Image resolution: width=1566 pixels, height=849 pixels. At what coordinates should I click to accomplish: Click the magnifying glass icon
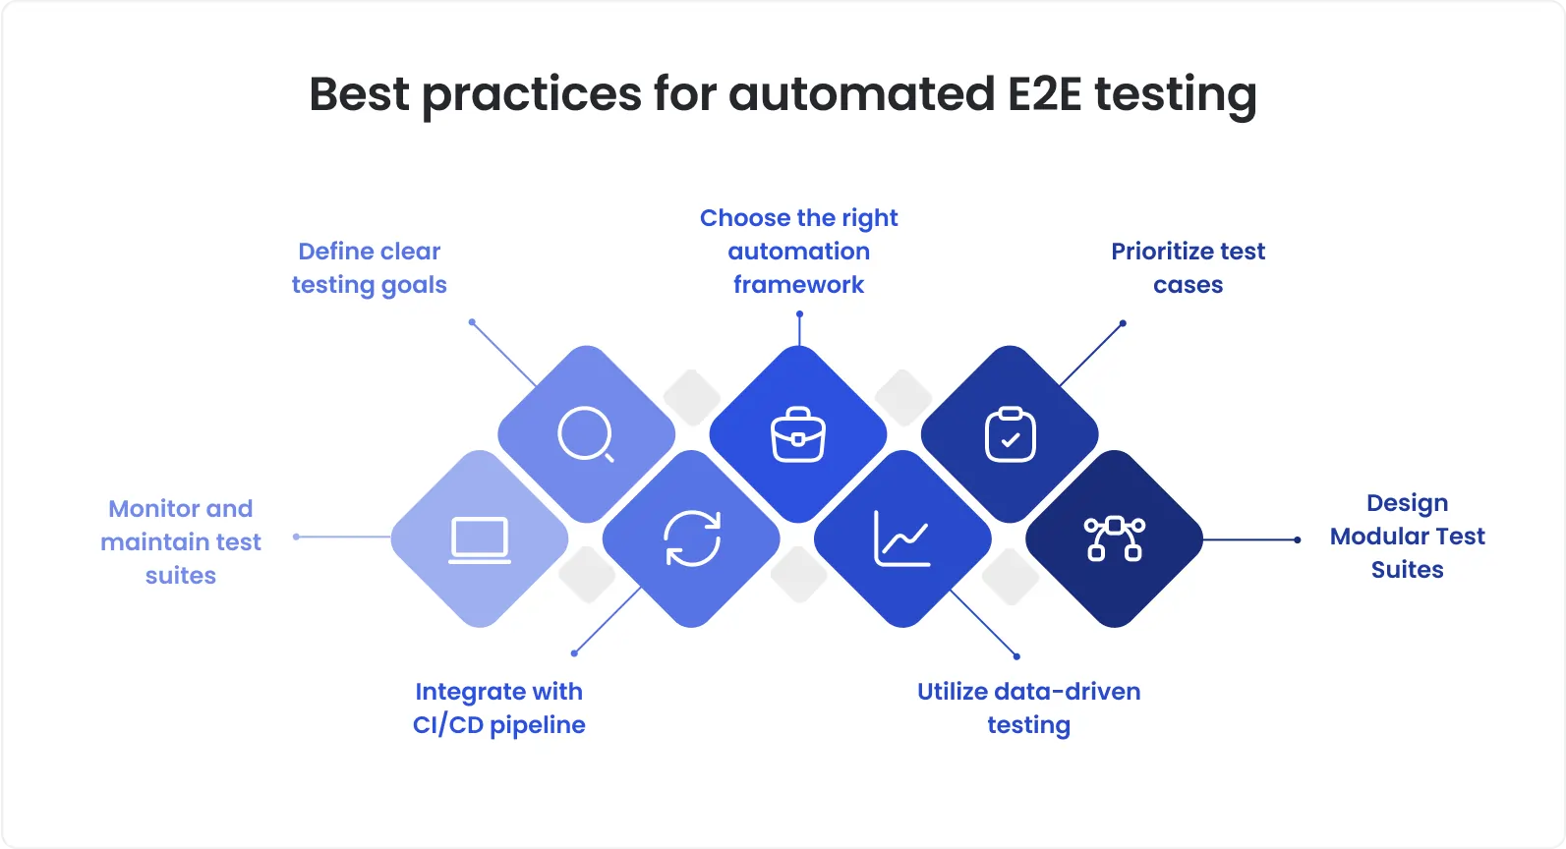[586, 434]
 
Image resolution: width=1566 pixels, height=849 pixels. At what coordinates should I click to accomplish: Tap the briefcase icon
[798, 434]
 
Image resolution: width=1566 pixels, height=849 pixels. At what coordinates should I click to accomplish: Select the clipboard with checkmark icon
[1010, 434]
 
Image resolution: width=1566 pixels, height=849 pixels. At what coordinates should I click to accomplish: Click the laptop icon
[480, 539]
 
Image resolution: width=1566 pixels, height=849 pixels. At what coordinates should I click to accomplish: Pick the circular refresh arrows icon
[692, 538]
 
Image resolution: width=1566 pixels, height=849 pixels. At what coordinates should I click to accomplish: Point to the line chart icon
[902, 538]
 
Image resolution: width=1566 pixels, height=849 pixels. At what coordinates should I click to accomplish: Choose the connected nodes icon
[1114, 538]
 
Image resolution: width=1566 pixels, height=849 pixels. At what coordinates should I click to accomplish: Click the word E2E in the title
[1045, 94]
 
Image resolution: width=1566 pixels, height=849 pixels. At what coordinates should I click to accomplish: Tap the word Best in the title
[359, 94]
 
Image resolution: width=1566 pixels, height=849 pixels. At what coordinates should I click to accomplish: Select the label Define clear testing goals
[370, 268]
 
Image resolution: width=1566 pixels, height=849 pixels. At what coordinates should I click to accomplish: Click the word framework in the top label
[798, 285]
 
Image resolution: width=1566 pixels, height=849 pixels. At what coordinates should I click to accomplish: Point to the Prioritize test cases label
[1188, 268]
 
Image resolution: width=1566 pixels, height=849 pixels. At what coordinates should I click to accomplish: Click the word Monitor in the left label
[151, 509]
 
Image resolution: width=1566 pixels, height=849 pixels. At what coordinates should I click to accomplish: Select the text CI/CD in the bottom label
[447, 725]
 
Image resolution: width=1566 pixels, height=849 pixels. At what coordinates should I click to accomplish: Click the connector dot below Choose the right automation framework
[799, 314]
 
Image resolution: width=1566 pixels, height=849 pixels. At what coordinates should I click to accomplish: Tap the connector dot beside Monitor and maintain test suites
[296, 537]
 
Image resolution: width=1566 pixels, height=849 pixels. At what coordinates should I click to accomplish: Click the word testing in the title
[1176, 96]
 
